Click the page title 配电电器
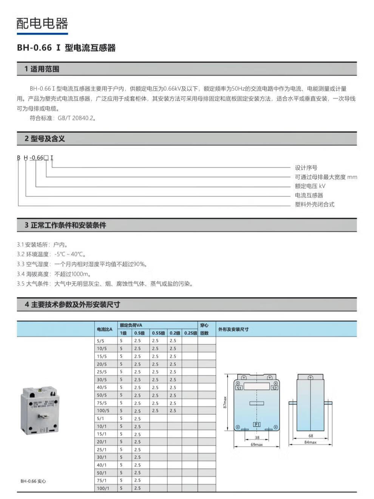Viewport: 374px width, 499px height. (x=42, y=23)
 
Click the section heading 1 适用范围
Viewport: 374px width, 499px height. (x=42, y=69)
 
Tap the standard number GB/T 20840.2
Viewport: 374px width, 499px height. (x=75, y=118)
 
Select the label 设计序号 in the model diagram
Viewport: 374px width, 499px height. (x=306, y=168)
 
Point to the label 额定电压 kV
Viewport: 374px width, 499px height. (x=310, y=186)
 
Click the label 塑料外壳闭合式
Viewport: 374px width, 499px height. (x=314, y=205)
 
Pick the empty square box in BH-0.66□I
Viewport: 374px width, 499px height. (x=46, y=158)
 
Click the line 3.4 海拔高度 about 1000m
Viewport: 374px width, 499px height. (x=54, y=274)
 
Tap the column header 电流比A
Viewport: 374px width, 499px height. (x=105, y=329)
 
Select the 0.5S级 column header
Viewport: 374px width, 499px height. (x=158, y=333)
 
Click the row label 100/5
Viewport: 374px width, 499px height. (x=103, y=411)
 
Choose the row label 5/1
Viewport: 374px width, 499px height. (x=101, y=418)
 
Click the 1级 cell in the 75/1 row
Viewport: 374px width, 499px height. (x=121, y=480)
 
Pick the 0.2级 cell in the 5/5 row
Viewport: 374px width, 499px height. (x=173, y=341)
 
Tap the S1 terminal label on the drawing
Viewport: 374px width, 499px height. (x=239, y=388)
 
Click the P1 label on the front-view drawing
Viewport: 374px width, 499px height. (x=257, y=425)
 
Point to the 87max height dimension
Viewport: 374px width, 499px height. (x=225, y=402)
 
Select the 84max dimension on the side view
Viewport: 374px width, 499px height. (x=311, y=442)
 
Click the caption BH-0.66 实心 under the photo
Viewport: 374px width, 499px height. (x=33, y=481)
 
